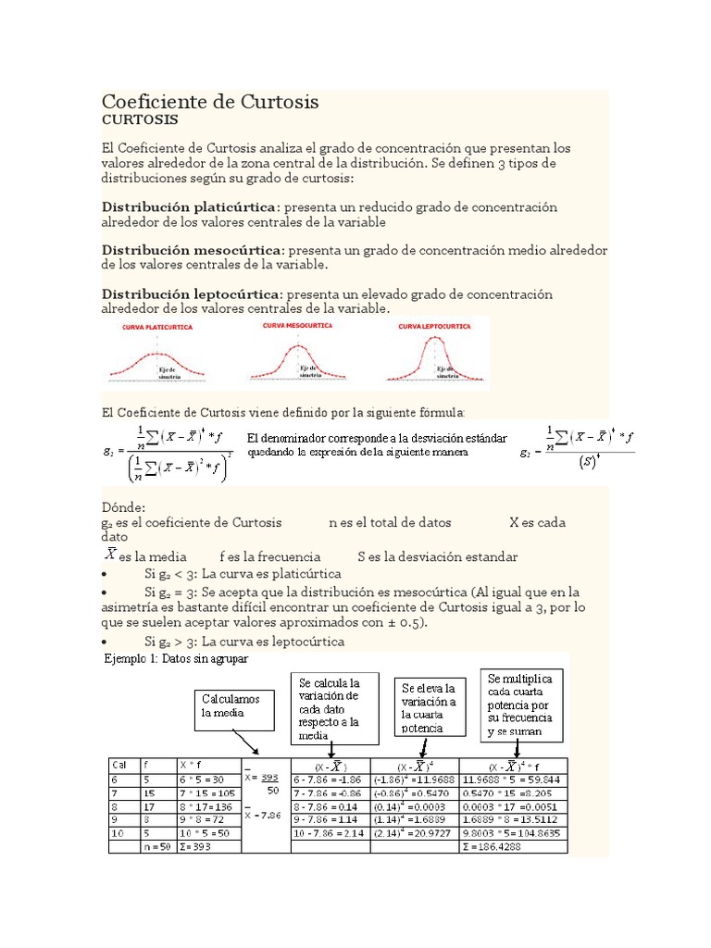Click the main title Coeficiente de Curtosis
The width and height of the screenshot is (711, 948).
pyautogui.click(x=209, y=101)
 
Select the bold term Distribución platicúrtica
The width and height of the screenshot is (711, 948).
pyautogui.click(x=190, y=206)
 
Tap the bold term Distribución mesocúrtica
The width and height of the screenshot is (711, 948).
pyautogui.click(x=192, y=250)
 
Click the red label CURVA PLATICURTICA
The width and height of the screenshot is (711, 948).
pyautogui.click(x=156, y=328)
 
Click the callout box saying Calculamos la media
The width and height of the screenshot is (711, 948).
pyautogui.click(x=231, y=706)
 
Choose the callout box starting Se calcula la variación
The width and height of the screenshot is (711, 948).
pyautogui.click(x=335, y=708)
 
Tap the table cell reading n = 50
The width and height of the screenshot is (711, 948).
pyautogui.click(x=156, y=846)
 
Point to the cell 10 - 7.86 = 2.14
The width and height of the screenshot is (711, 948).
pyautogui.click(x=328, y=832)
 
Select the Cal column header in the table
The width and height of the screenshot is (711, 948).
pyautogui.click(x=119, y=765)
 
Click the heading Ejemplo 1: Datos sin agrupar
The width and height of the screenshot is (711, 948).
pyautogui.click(x=175, y=658)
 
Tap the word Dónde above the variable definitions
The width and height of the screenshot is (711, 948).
pyautogui.click(x=123, y=507)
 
